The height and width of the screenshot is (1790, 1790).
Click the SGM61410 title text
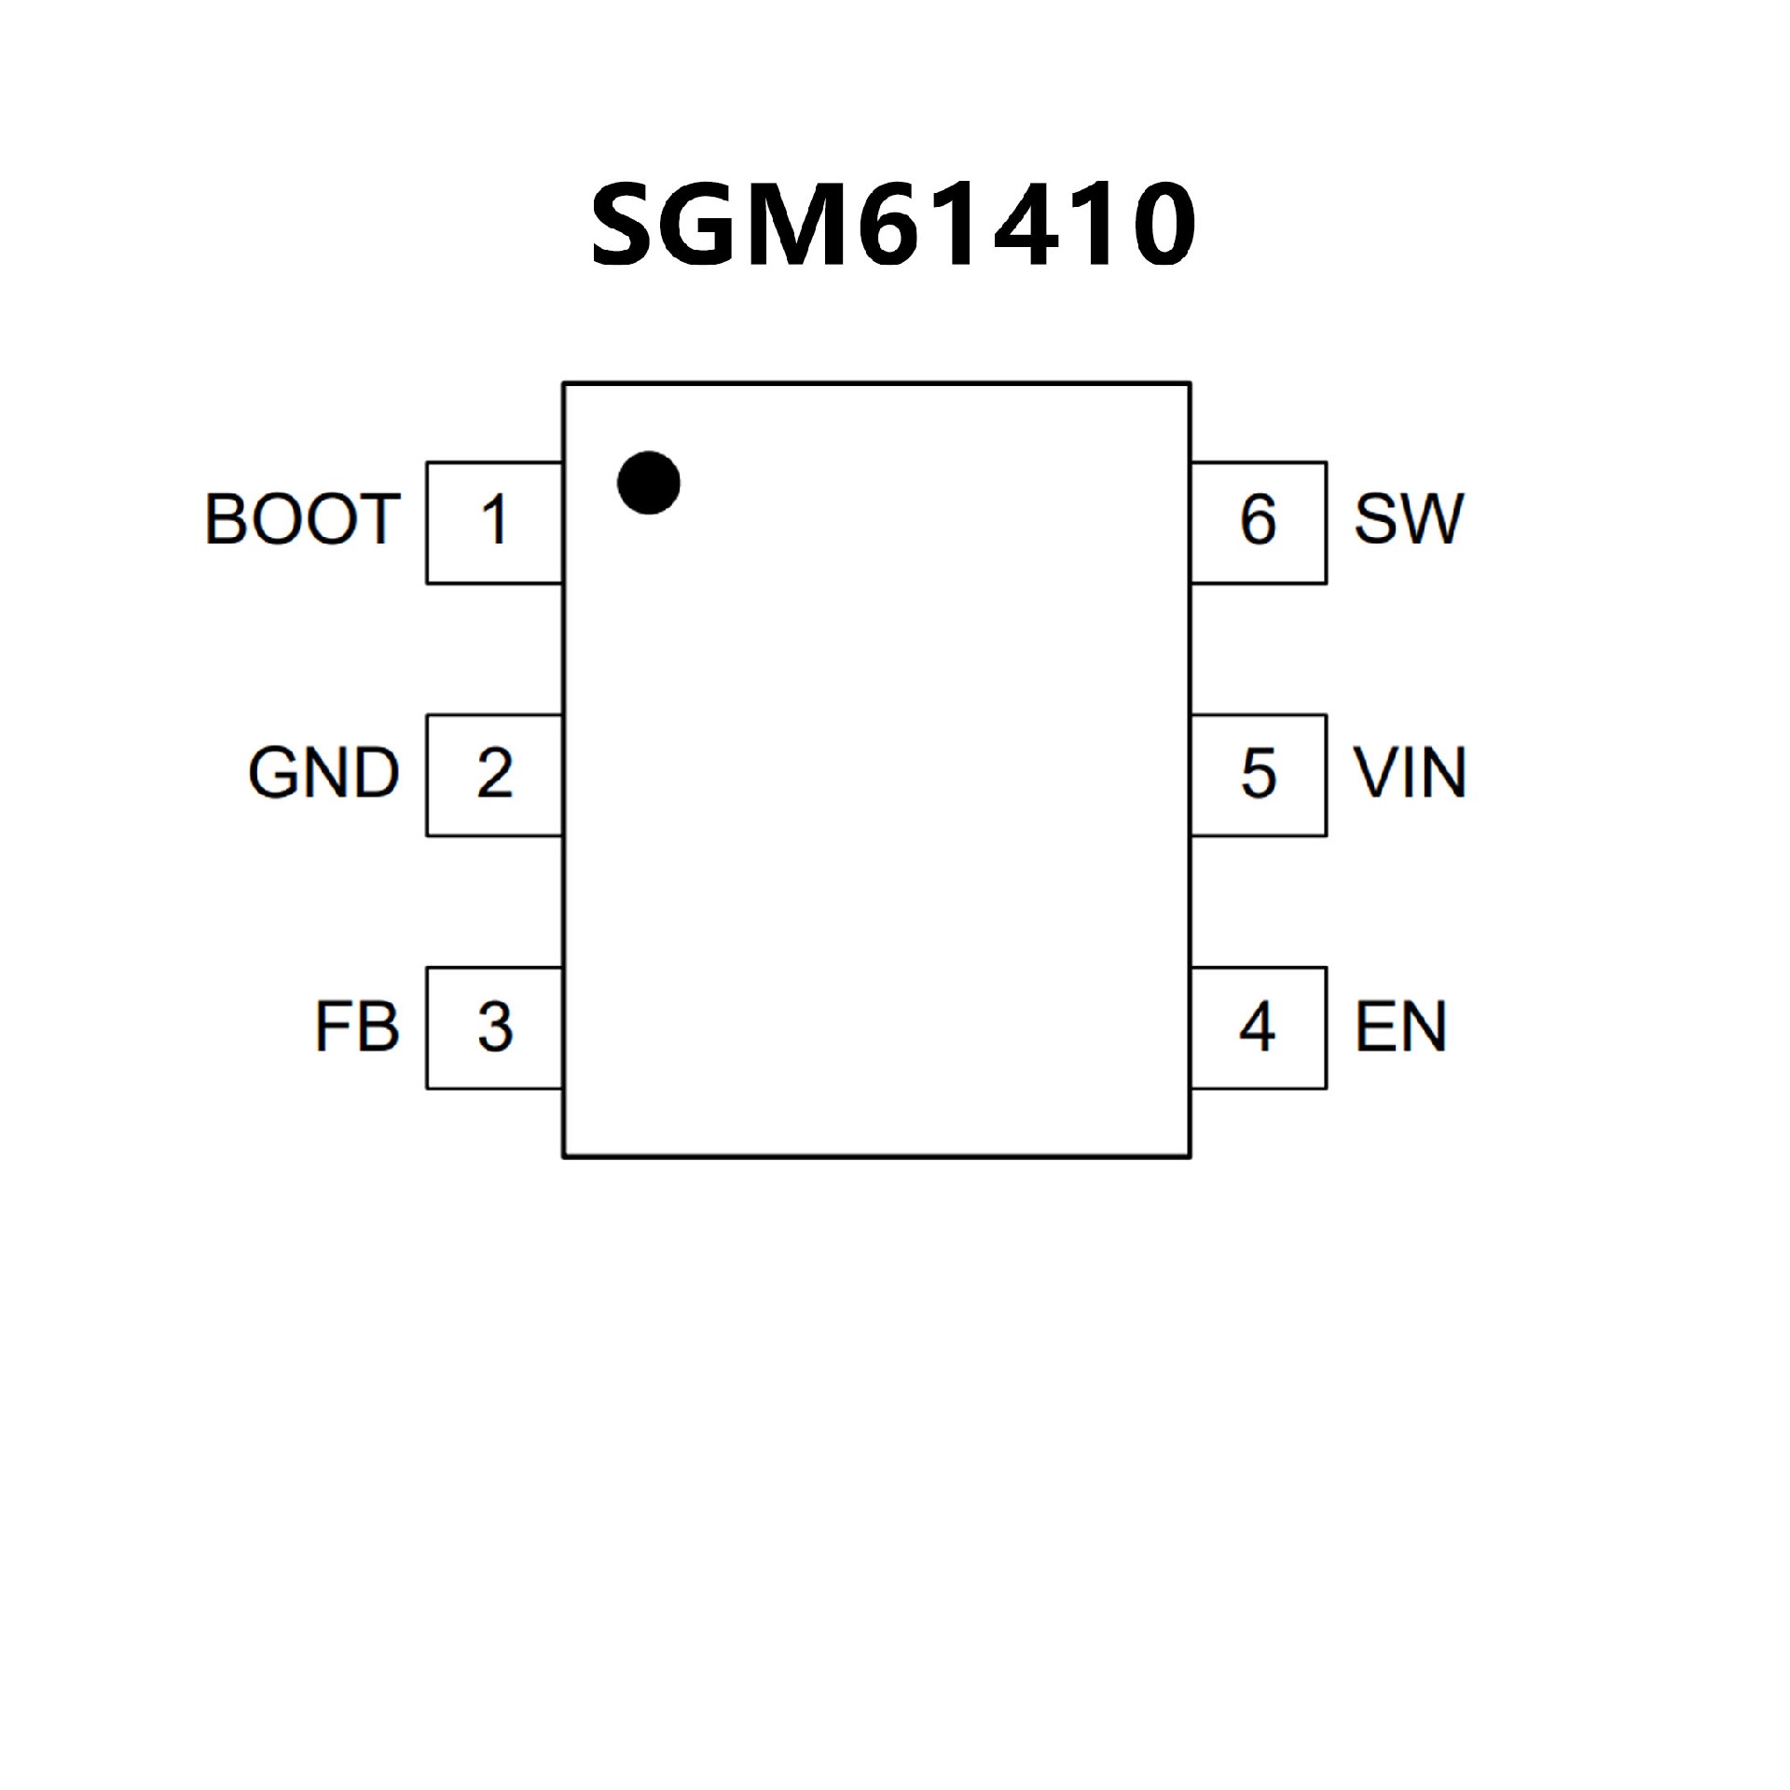(x=893, y=224)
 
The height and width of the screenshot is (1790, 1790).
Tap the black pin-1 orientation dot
(x=649, y=483)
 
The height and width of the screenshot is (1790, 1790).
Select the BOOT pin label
(x=302, y=519)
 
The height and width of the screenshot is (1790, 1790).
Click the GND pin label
(x=324, y=773)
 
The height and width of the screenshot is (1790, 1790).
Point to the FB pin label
(x=357, y=1027)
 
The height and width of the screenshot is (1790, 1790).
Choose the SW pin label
(x=1409, y=519)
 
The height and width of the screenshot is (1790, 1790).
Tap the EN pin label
(x=1400, y=1027)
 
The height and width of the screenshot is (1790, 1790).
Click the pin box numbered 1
(x=495, y=523)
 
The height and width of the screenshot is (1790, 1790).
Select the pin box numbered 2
(x=495, y=776)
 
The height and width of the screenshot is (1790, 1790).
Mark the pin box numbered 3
(x=495, y=1028)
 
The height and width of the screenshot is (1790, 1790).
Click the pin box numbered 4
(x=1259, y=1028)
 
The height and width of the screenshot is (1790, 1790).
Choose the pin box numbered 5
(x=1259, y=776)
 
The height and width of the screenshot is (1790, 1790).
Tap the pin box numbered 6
(x=1259, y=523)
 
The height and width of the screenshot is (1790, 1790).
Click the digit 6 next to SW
(x=1258, y=519)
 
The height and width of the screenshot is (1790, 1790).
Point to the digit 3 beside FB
(x=495, y=1027)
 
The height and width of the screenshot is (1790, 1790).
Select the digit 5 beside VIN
(x=1259, y=773)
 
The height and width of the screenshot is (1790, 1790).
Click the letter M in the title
(x=800, y=224)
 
